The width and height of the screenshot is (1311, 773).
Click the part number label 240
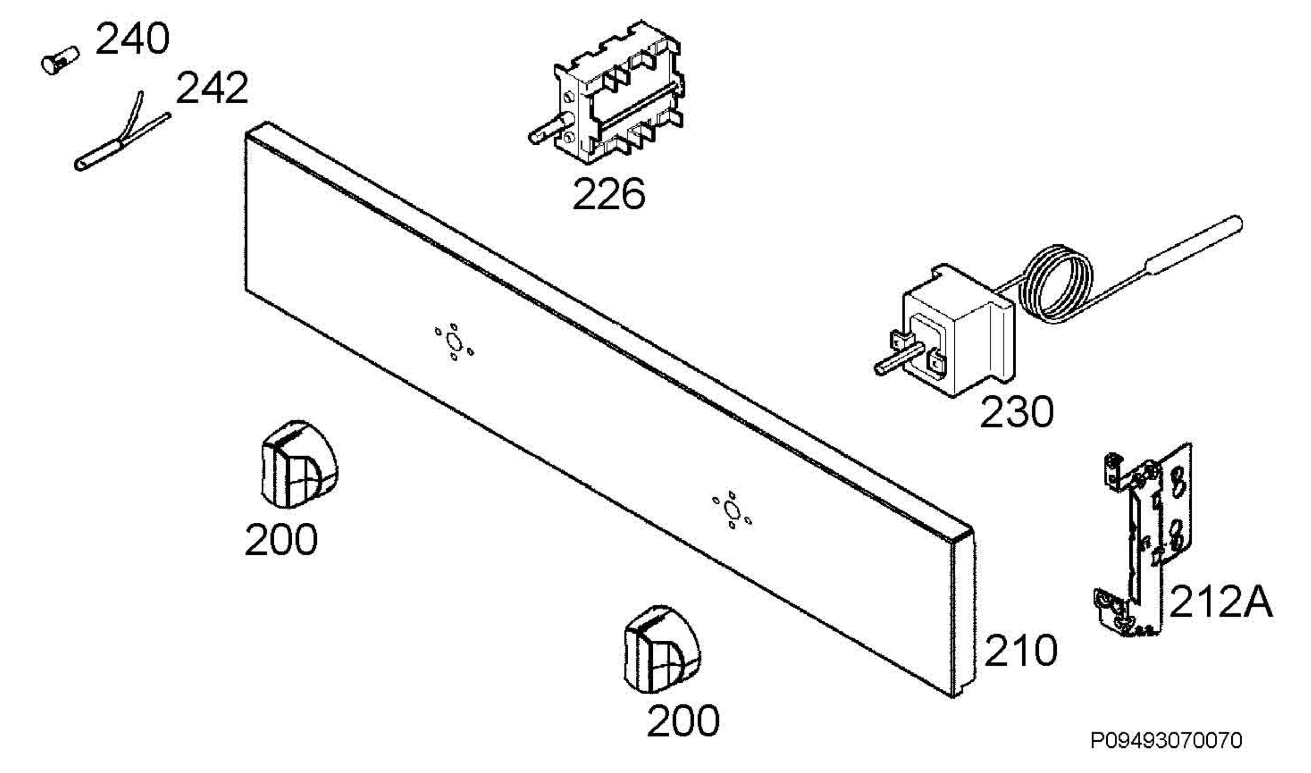[132, 39]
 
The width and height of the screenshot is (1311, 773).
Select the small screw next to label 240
[60, 60]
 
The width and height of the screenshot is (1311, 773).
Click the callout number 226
[609, 194]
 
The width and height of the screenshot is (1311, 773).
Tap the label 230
[1017, 412]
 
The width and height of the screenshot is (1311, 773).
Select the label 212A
[1220, 601]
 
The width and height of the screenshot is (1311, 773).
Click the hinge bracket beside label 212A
[1142, 541]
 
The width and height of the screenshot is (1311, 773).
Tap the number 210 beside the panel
[1020, 651]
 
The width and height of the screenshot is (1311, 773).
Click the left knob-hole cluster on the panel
[454, 343]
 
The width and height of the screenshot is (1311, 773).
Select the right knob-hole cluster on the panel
[731, 510]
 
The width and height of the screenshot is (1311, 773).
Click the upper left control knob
[298, 465]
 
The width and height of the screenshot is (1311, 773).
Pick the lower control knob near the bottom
[662, 650]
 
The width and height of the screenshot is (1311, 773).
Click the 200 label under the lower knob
[683, 721]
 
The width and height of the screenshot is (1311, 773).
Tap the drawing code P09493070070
[1166, 741]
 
